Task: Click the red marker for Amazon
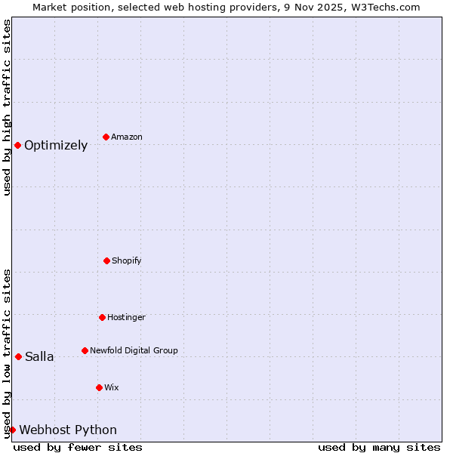[x=106, y=137]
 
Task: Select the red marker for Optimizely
[x=17, y=145]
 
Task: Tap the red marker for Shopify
[x=106, y=260]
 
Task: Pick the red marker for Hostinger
[x=102, y=317]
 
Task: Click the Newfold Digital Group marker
[x=85, y=350]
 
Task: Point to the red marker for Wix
[x=99, y=387]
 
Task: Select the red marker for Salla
[x=18, y=356]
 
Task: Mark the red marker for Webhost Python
[x=12, y=430]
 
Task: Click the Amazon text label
[x=127, y=137]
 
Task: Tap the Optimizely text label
[x=56, y=146]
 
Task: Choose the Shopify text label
[x=127, y=260]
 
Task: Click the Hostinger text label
[x=126, y=317]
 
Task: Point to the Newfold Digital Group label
[x=134, y=350]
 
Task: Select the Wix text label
[x=112, y=387]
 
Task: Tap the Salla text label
[x=39, y=357]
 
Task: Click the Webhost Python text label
[x=68, y=430]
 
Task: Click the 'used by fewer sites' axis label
[x=78, y=447]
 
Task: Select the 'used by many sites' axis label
[x=379, y=447]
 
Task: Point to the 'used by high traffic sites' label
[x=7, y=107]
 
